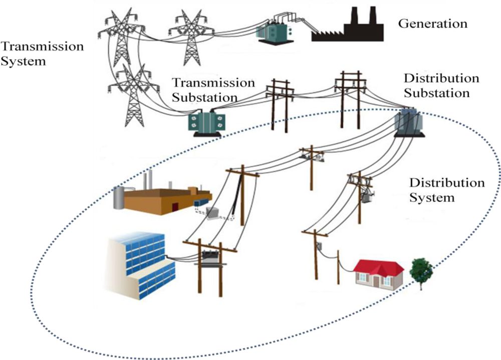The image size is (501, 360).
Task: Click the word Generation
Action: (432, 24)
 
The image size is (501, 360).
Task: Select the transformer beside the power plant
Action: (272, 32)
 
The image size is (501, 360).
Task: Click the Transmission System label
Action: (42, 54)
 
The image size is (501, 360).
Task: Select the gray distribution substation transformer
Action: (407, 123)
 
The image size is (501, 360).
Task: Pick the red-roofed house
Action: (378, 273)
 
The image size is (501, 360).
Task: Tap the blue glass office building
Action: (142, 265)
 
